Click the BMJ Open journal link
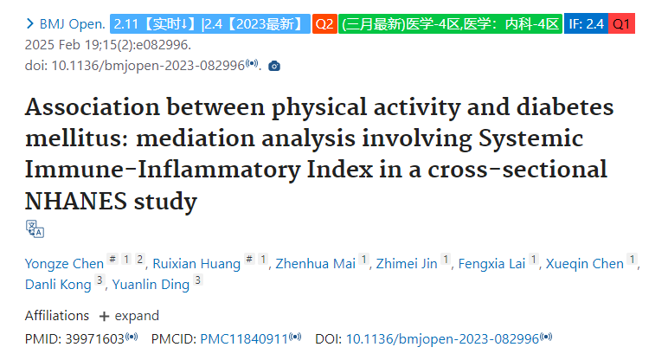pos(72,24)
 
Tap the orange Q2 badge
pos(324,23)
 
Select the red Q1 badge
pos(621,23)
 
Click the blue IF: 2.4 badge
pos(586,23)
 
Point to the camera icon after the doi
pos(274,66)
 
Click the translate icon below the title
pos(35,228)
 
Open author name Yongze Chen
pos(64,264)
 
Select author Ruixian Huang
pos(196,264)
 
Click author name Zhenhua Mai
pos(315,264)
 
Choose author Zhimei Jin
pos(407,264)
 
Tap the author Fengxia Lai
pos(491,264)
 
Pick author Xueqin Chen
pos(585,264)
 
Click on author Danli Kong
pos(58,284)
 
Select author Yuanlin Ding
pos(151,284)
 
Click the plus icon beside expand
pos(104,317)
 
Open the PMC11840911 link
pos(244,339)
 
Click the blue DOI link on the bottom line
pos(443,339)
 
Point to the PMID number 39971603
pos(94,339)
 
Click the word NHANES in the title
pos(76,201)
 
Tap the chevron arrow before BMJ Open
pos(29,23)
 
